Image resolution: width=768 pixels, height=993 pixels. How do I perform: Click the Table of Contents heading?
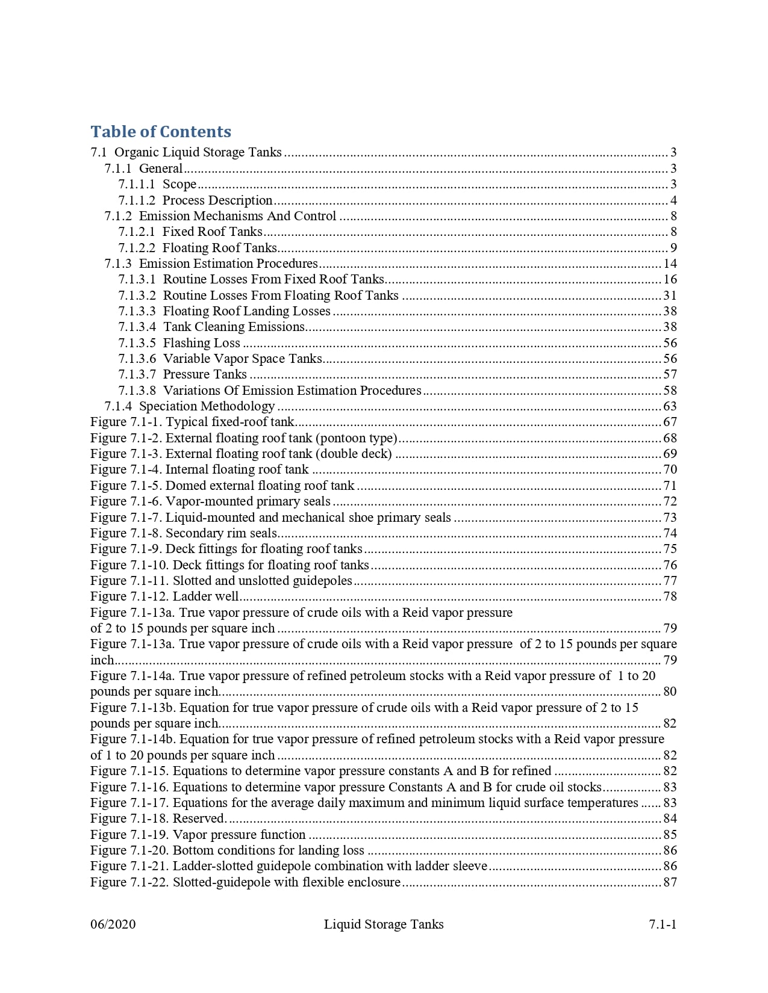pyautogui.click(x=161, y=132)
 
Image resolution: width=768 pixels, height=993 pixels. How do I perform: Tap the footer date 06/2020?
pyautogui.click(x=113, y=924)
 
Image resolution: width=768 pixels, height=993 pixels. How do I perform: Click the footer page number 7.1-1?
pyautogui.click(x=663, y=924)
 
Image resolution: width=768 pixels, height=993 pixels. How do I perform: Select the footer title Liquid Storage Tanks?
pyautogui.click(x=384, y=924)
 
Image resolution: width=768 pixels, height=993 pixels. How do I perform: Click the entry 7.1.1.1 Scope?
pyautogui.click(x=157, y=184)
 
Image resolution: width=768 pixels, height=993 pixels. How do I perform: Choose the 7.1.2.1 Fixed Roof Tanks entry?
pyautogui.click(x=190, y=232)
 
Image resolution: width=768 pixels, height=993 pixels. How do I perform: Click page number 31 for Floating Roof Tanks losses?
pyautogui.click(x=670, y=295)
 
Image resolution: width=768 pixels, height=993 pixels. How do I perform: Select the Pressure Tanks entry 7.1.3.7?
pyautogui.click(x=183, y=374)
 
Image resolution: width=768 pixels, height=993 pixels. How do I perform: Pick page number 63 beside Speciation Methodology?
pyautogui.click(x=670, y=406)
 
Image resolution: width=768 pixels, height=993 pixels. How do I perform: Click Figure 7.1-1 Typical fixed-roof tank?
pyautogui.click(x=193, y=422)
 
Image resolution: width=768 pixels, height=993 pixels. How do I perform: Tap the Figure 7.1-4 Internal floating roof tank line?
pyautogui.click(x=199, y=469)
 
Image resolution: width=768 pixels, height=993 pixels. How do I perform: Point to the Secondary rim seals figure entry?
pyautogui.click(x=184, y=533)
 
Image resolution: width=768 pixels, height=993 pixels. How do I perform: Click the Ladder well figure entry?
pyautogui.click(x=164, y=596)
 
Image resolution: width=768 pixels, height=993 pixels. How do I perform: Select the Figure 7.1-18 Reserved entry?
pyautogui.click(x=158, y=818)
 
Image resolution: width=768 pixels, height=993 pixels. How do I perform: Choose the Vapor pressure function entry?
pyautogui.click(x=198, y=835)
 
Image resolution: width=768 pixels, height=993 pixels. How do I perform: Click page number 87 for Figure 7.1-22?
pyautogui.click(x=670, y=882)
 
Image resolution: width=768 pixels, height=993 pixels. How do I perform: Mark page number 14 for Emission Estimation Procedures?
pyautogui.click(x=670, y=264)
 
